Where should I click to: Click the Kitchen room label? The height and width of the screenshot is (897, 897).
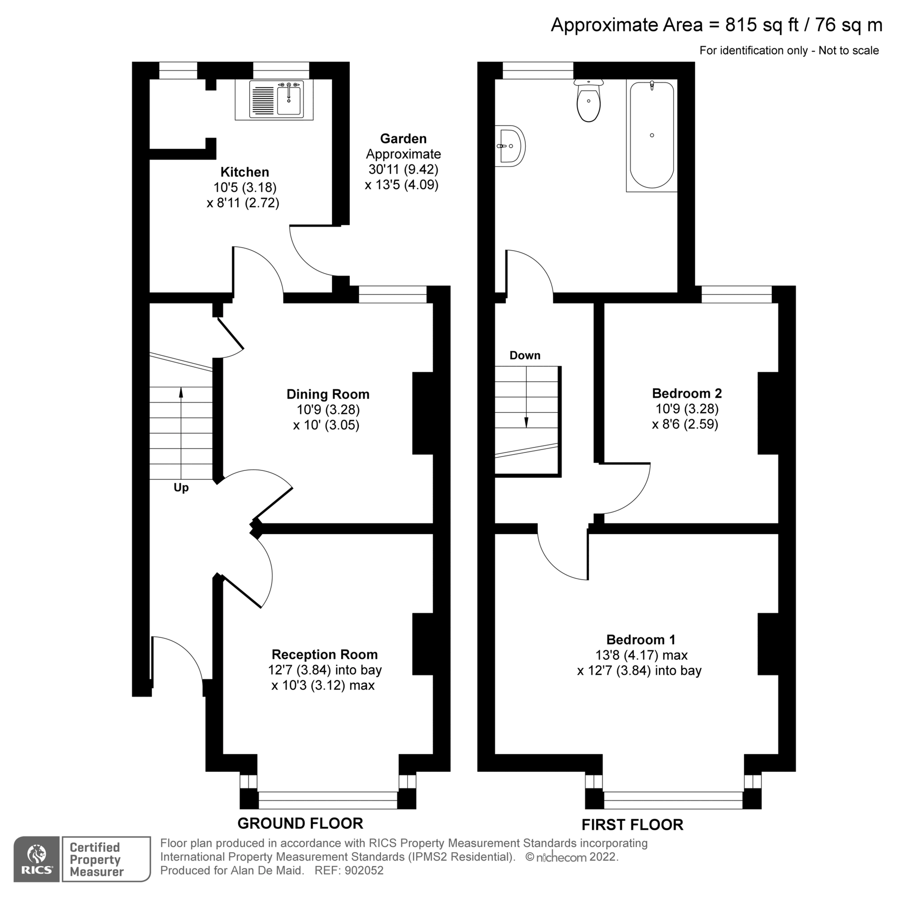click(x=245, y=172)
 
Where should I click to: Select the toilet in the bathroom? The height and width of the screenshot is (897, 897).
click(x=589, y=101)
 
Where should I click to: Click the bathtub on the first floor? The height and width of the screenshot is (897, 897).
click(x=652, y=136)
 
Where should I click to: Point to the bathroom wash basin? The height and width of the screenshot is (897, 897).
click(x=509, y=146)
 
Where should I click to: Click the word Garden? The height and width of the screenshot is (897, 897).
click(x=403, y=139)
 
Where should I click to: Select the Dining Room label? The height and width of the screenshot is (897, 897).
click(x=328, y=394)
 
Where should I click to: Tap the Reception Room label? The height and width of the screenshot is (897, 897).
click(x=324, y=654)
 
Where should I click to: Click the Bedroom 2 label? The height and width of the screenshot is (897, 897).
click(x=687, y=393)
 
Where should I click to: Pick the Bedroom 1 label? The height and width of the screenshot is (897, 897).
click(x=641, y=639)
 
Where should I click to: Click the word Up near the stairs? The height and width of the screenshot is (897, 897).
click(x=181, y=487)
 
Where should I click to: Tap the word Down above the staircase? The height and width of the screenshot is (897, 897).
click(x=525, y=355)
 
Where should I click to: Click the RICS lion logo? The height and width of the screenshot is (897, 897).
click(x=37, y=859)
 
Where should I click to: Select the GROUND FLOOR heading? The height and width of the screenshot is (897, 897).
click(x=300, y=823)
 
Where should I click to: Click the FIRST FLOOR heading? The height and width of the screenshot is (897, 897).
click(x=632, y=824)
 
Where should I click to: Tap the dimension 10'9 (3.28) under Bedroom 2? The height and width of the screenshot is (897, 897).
click(x=687, y=409)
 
